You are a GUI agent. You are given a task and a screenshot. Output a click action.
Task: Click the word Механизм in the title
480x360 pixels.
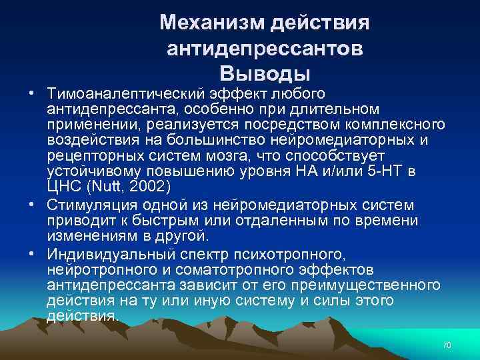[213, 23]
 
